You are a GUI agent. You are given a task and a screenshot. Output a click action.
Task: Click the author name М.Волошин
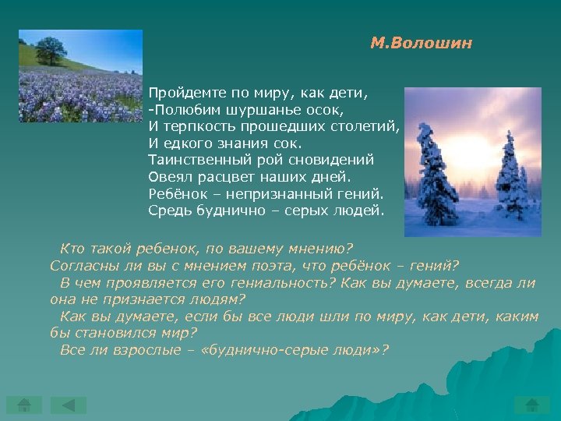pyautogui.click(x=421, y=44)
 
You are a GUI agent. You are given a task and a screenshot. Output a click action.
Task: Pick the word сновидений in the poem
pyautogui.click(x=338, y=159)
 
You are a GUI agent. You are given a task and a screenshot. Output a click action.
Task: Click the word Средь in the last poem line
pyautogui.click(x=168, y=210)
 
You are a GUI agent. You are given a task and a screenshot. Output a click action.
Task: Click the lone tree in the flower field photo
pyautogui.click(x=51, y=51)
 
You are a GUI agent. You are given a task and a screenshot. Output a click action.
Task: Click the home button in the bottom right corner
pyautogui.click(x=532, y=405)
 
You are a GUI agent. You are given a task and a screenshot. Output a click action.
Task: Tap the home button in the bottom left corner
pyautogui.click(x=24, y=405)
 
